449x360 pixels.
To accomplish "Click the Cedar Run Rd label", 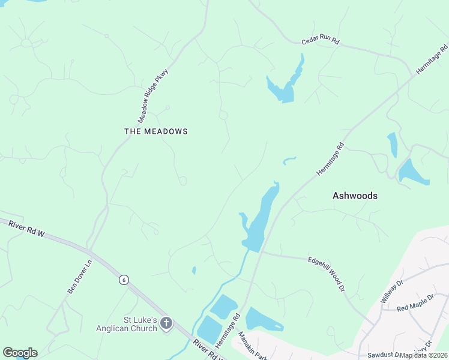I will pyautogui.click(x=321, y=41).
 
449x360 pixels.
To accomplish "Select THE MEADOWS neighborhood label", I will pyautogui.click(x=156, y=131).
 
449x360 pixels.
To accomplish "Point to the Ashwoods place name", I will pyautogui.click(x=355, y=196).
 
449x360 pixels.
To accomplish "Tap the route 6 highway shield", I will pyautogui.click(x=123, y=280).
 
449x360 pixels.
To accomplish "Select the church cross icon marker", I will pyautogui.click(x=166, y=324).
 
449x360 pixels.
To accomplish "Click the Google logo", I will pyautogui.click(x=20, y=353).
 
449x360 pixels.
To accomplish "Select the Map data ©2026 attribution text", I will pyautogui.click(x=423, y=355).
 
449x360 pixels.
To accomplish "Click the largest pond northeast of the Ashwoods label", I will pyautogui.click(x=412, y=173).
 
